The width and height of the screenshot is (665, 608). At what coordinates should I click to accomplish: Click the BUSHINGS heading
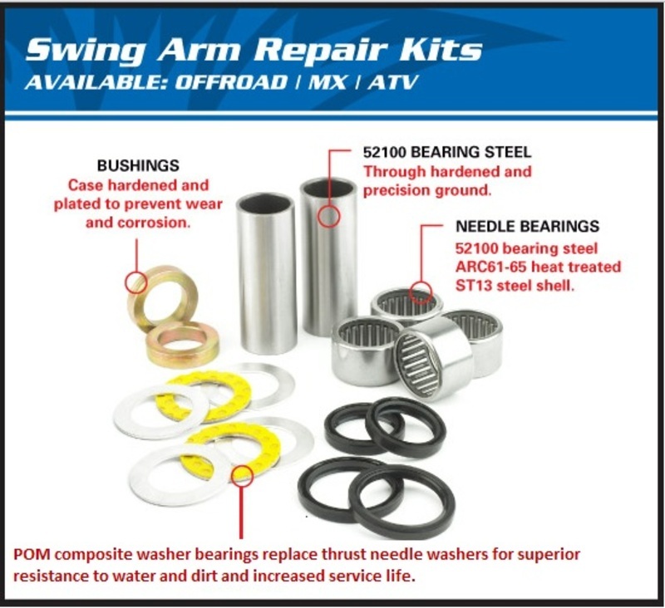[x=137, y=166]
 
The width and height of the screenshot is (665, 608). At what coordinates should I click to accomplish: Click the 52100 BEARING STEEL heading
[x=446, y=154]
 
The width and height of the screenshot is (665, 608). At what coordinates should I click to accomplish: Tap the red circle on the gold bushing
[x=135, y=282]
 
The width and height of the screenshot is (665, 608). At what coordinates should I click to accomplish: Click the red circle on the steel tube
[x=330, y=216]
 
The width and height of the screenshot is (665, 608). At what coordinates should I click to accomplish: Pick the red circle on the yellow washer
[x=242, y=475]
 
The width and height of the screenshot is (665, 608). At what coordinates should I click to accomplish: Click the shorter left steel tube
[x=266, y=274]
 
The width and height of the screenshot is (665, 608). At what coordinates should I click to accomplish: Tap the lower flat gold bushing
[x=182, y=345]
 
